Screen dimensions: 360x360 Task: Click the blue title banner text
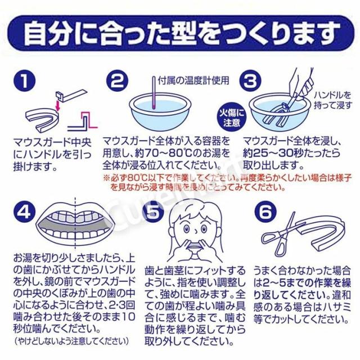tap(180, 34)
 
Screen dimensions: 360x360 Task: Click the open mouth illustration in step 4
tap(79, 225)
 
